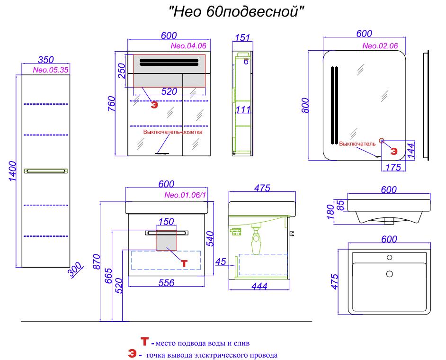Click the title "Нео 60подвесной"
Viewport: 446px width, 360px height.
pos(236,12)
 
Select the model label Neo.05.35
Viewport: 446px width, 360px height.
pos(51,70)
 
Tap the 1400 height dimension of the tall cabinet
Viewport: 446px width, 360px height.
pos(12,171)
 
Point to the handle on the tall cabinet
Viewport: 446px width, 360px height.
pos(46,171)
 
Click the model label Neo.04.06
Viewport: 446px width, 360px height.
pos(188,46)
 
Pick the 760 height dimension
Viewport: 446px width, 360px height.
pos(112,104)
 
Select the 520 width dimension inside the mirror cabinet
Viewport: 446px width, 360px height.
pos(169,91)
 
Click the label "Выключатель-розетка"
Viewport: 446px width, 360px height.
pos(173,132)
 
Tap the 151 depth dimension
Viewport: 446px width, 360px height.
pos(242,37)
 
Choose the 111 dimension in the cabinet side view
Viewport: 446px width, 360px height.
pos(243,109)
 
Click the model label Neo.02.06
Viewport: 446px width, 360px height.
pos(380,46)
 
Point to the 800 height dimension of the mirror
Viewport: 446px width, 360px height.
pos(305,105)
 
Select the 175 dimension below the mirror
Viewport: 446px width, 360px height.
pos(393,167)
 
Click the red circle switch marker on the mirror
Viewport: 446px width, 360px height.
pos(382,140)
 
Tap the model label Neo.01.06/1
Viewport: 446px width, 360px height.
pos(185,195)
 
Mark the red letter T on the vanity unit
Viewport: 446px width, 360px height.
pos(184,263)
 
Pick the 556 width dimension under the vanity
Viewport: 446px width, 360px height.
pos(166,283)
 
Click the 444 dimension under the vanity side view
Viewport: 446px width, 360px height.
pos(259,286)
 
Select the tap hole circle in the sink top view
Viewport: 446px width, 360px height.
pos(389,258)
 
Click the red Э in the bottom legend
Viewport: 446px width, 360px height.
pos(132,354)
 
